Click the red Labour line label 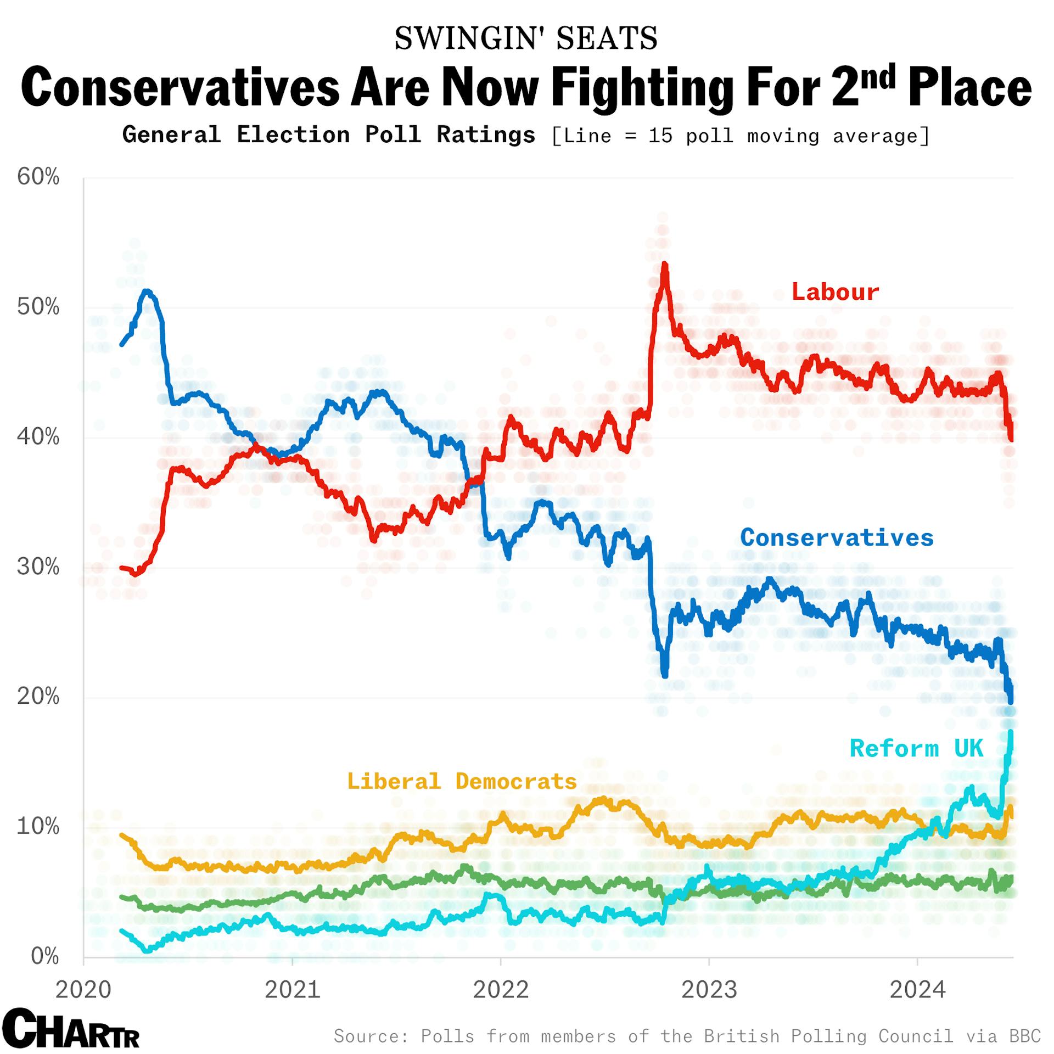[x=834, y=292]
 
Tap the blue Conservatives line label [x=837, y=537]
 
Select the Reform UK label [x=916, y=749]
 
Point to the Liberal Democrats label [x=462, y=781]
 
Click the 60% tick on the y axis [x=38, y=177]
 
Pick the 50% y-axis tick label [x=38, y=307]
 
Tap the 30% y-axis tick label [x=38, y=567]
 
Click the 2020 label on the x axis [x=83, y=990]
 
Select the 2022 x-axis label [x=501, y=990]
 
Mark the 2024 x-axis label [x=917, y=990]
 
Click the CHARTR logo [x=70, y=1029]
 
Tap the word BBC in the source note [x=1025, y=1036]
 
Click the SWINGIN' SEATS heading [x=526, y=38]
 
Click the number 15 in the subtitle [x=660, y=136]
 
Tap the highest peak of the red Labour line [x=665, y=265]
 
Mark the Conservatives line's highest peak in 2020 [x=147, y=291]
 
